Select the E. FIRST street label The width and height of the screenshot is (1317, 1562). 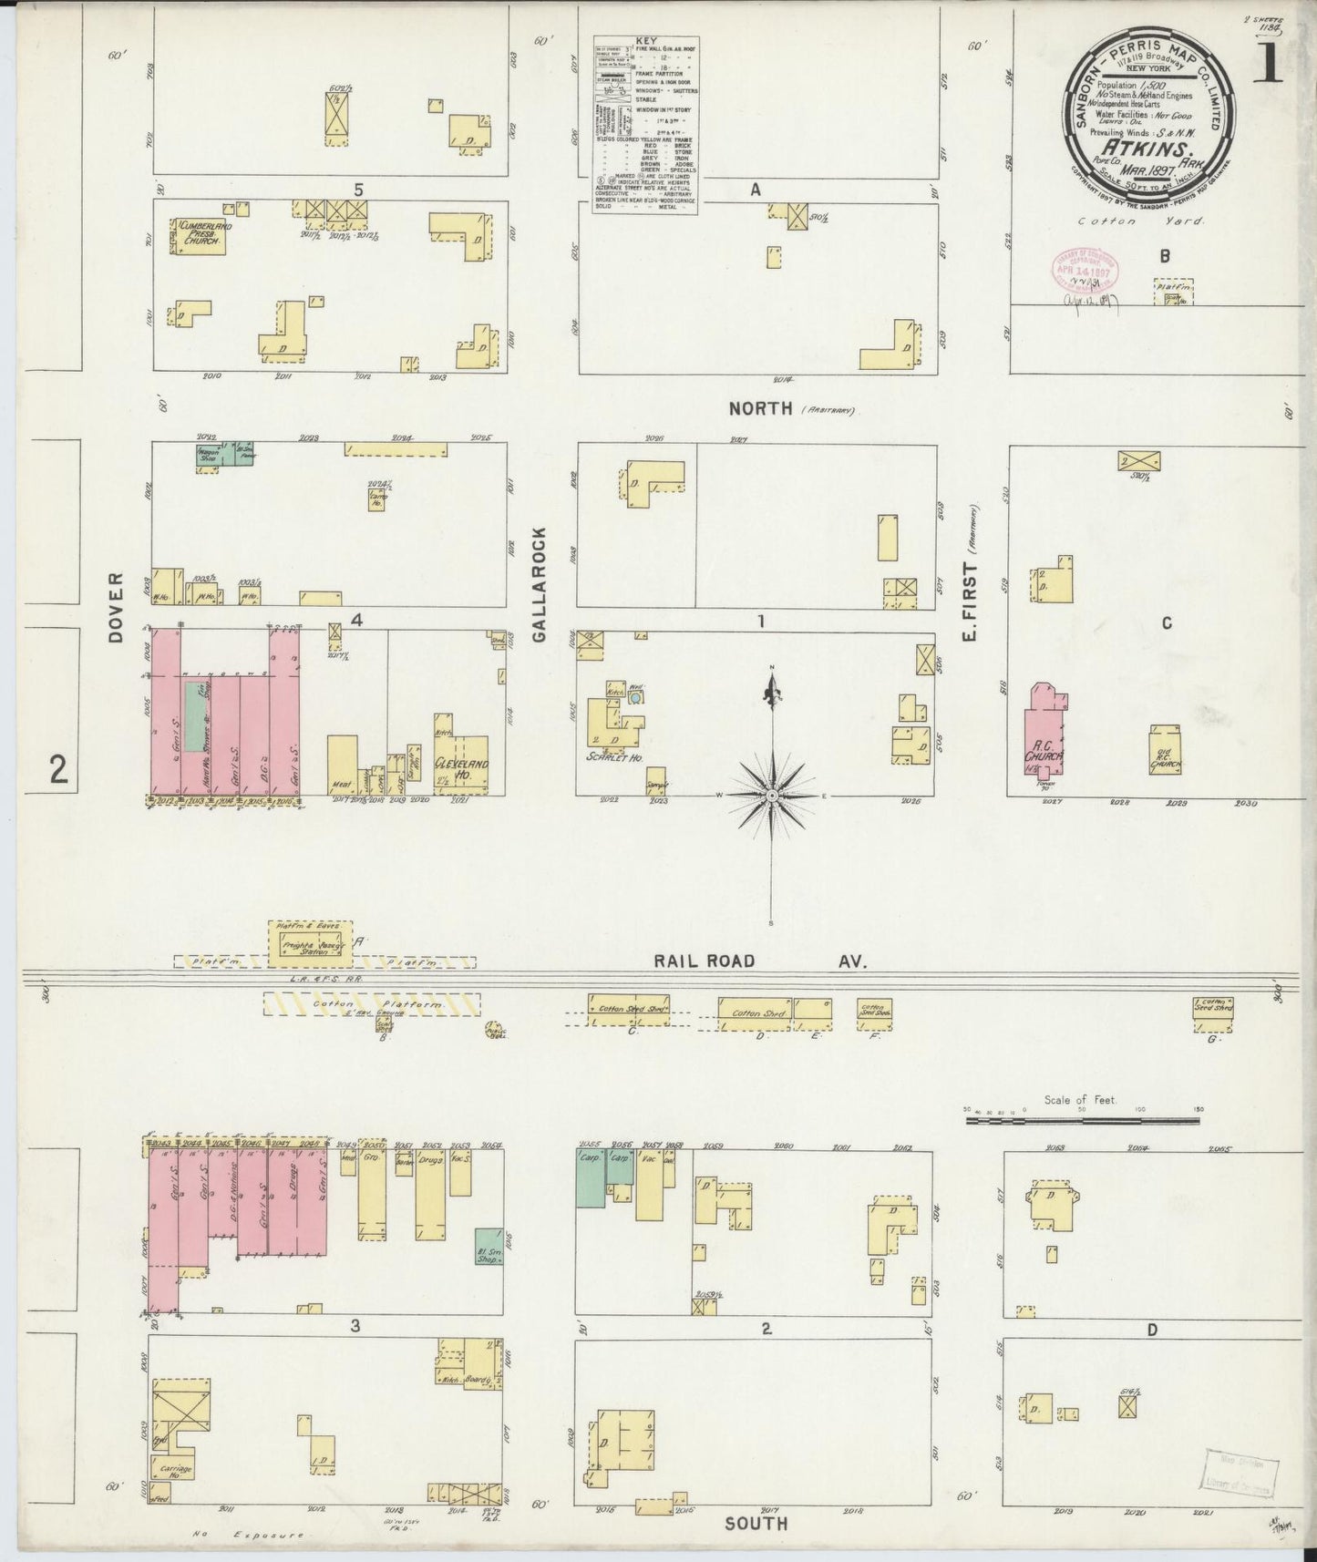[x=971, y=601]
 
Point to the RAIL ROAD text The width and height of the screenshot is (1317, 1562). [x=704, y=961]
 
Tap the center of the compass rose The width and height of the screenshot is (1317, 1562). [x=773, y=795]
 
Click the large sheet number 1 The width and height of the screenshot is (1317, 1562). [x=1267, y=65]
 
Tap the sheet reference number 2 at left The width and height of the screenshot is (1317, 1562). [x=58, y=772]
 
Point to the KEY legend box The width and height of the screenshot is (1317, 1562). [x=645, y=125]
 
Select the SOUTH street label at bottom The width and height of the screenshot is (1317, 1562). [x=757, y=1523]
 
